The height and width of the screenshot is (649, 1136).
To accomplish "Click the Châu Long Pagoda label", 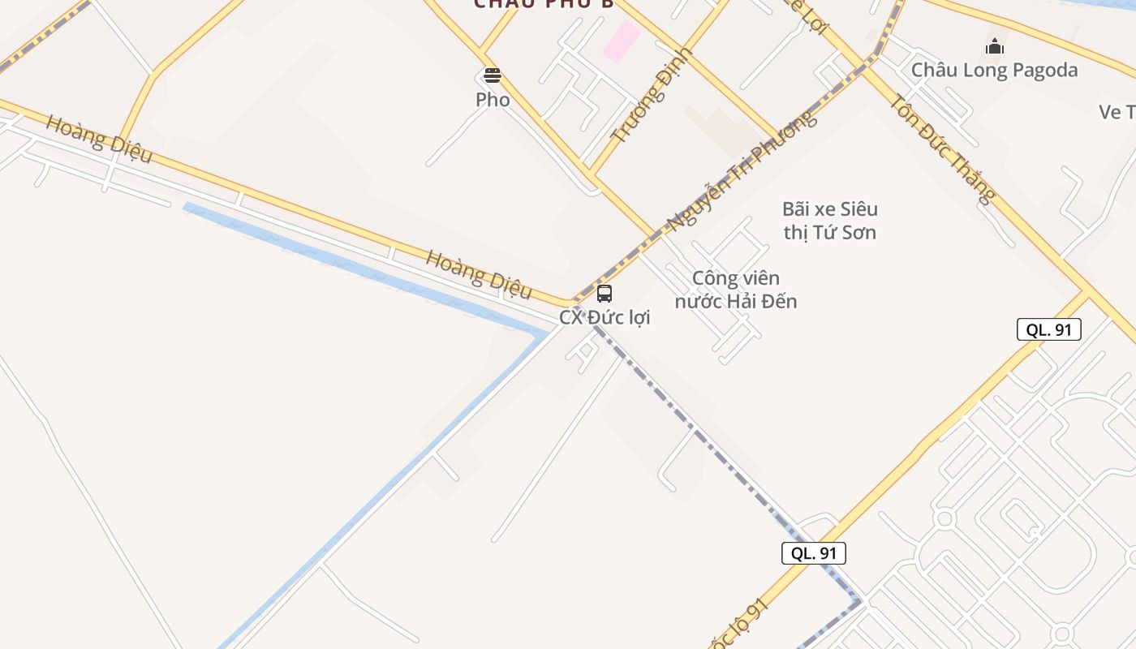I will (x=994, y=71).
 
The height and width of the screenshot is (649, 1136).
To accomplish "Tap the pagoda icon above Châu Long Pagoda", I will (x=995, y=47).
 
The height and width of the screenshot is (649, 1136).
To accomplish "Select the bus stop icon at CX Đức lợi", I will (x=605, y=294).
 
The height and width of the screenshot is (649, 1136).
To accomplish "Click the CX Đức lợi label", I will (x=605, y=317).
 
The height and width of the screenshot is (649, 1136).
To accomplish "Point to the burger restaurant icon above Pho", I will (x=493, y=76).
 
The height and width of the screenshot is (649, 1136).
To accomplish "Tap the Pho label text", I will (x=493, y=100).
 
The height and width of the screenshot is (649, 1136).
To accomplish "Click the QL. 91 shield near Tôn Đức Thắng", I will (x=1048, y=329).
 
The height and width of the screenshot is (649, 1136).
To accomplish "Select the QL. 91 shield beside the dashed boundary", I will (x=813, y=553).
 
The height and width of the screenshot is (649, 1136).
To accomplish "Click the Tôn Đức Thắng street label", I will (x=941, y=148).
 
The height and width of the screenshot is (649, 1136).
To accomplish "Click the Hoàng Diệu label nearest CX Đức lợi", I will (x=479, y=274).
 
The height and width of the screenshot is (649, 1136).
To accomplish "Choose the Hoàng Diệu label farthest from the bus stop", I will (x=98, y=139).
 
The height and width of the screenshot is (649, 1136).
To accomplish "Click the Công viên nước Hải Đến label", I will (x=736, y=290).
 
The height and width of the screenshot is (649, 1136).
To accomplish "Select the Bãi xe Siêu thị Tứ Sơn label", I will (x=829, y=221).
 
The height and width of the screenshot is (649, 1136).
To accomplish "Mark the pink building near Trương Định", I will (x=621, y=41).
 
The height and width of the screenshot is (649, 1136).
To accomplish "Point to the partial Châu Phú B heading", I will (x=544, y=4).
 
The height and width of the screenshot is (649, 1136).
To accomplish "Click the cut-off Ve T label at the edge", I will (x=1117, y=112).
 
